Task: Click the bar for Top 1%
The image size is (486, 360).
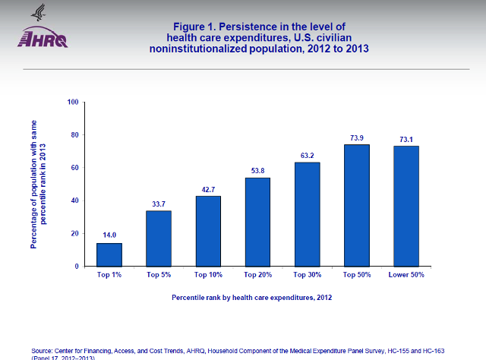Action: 109,254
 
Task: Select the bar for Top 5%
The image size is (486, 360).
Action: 159,238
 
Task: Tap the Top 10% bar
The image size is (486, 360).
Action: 208,231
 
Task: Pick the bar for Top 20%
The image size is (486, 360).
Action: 257,222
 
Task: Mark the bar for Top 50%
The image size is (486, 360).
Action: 356,205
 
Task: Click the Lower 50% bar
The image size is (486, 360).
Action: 406,206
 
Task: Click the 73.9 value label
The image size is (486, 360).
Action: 356,137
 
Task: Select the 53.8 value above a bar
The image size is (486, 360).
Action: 257,171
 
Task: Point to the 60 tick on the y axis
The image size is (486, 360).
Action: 75,168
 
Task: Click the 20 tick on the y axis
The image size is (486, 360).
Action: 75,234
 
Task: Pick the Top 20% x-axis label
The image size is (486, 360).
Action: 257,274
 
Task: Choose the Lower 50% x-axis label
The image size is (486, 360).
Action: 406,274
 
